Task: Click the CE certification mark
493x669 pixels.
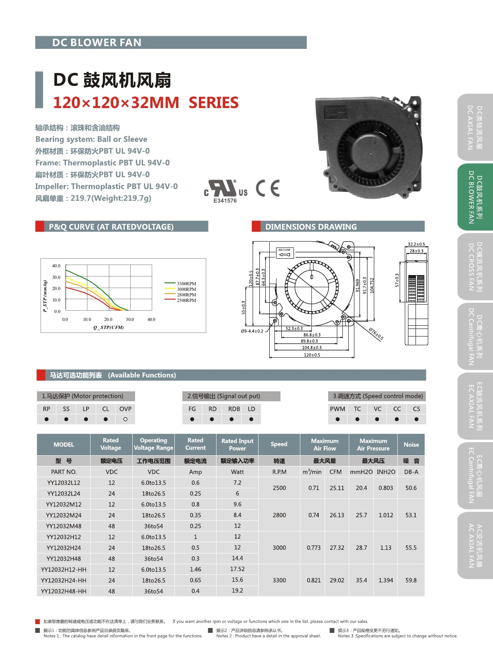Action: coord(268,188)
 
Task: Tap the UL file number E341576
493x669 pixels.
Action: coord(225,201)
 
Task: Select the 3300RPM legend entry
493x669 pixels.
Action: coord(186,284)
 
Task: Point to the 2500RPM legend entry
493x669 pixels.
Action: coord(186,300)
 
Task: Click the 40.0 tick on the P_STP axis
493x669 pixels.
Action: coord(56,266)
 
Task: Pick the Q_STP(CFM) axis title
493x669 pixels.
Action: coord(108,327)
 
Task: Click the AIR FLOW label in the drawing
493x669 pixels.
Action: coord(284,250)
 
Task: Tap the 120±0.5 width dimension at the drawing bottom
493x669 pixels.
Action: coord(312,355)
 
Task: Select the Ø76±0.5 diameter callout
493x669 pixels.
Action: coord(376,334)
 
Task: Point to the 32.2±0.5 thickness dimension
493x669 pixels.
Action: coord(416,244)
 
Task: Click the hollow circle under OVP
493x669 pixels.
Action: coord(125,419)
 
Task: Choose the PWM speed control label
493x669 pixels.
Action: coord(337,409)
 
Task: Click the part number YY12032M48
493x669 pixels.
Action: coord(64,526)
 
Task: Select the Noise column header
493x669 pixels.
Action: coord(411,445)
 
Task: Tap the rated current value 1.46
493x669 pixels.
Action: coord(195,569)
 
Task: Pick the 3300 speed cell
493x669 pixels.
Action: coord(279,580)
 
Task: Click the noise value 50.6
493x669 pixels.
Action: coord(411,488)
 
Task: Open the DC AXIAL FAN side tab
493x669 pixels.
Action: coord(475,127)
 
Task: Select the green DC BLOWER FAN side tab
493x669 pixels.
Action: coord(475,197)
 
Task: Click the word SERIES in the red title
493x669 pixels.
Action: coord(213,103)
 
